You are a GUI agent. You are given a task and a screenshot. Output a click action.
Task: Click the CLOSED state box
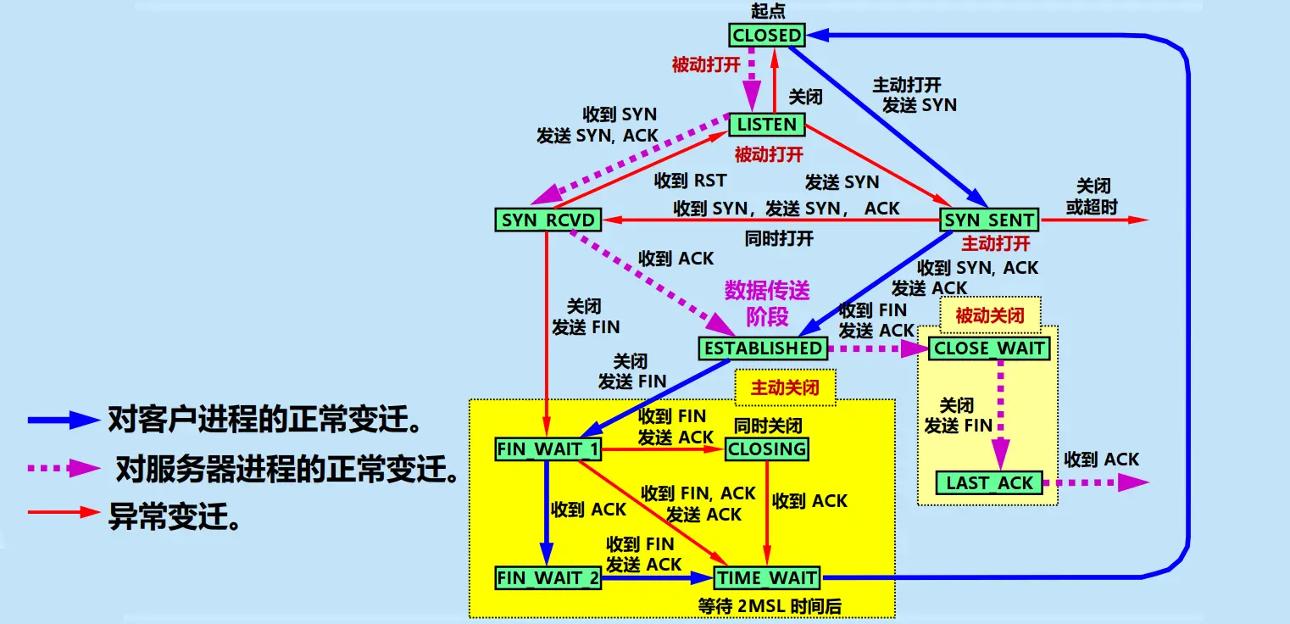[766, 35]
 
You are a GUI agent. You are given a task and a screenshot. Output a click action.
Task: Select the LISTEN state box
[766, 125]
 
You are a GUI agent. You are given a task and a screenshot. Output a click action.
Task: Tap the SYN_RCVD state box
[548, 220]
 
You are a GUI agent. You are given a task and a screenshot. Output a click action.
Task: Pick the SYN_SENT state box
[989, 220]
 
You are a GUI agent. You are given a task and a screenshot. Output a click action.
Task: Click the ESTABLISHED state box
[762, 348]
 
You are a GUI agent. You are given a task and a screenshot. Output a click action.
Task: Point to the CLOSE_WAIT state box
[989, 348]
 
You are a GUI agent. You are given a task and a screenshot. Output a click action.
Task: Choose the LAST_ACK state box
[989, 483]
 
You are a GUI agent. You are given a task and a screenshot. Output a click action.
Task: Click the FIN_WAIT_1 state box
[548, 449]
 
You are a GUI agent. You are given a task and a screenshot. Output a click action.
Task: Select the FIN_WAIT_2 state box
[548, 579]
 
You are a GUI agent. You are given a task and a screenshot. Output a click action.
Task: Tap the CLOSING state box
[767, 449]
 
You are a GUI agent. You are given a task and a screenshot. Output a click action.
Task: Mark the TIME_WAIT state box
[767, 579]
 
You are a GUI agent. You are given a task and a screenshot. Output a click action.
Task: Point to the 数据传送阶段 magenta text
[767, 304]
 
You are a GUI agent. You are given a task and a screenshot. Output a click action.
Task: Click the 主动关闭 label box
[785, 387]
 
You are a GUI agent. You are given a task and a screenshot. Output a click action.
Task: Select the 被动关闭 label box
[989, 316]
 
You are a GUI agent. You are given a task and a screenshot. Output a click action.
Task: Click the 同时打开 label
[779, 238]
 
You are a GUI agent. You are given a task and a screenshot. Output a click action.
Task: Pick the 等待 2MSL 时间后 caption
[768, 605]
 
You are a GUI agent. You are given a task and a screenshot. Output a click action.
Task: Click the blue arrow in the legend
[64, 419]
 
